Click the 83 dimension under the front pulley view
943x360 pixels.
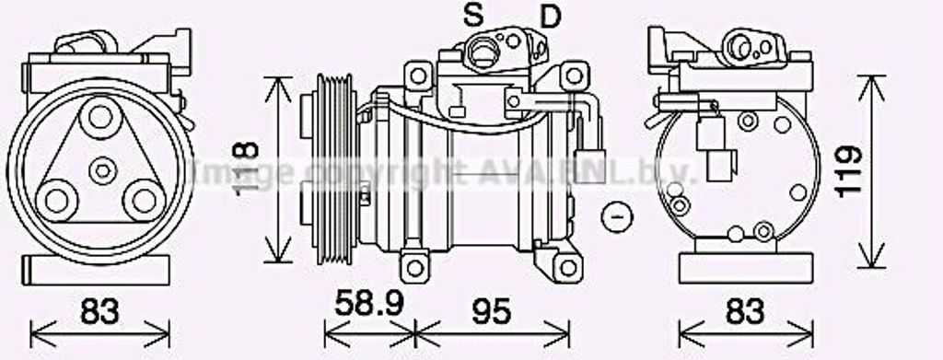click(99, 311)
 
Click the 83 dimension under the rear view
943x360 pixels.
click(744, 311)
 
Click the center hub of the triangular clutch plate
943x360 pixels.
click(102, 169)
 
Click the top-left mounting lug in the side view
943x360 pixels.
click(417, 74)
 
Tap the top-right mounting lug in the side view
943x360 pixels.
click(574, 75)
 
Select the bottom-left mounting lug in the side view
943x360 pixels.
click(415, 267)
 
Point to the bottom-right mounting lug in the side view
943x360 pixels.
click(571, 267)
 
